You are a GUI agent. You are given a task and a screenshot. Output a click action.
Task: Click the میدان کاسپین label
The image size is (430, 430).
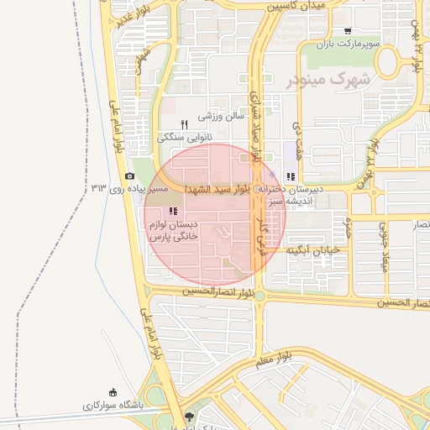click(x=296, y=6)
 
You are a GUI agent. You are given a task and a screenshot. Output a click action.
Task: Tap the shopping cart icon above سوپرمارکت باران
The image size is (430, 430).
click(x=348, y=31)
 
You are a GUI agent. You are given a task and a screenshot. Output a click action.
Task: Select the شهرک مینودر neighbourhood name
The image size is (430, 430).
click(x=334, y=80)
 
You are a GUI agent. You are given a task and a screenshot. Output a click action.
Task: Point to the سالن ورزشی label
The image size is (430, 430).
click(x=220, y=117)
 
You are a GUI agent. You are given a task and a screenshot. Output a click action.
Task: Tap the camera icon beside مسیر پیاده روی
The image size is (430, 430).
click(x=129, y=176)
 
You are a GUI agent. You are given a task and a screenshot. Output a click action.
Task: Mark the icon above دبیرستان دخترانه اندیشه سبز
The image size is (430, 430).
click(x=291, y=176)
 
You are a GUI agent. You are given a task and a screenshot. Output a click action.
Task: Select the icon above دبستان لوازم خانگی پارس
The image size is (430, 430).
click(x=173, y=211)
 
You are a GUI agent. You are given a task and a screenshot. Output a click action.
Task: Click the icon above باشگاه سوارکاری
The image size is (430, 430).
click(x=113, y=392)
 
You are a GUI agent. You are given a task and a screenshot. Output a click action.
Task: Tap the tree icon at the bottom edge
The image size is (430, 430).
click(x=187, y=416)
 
